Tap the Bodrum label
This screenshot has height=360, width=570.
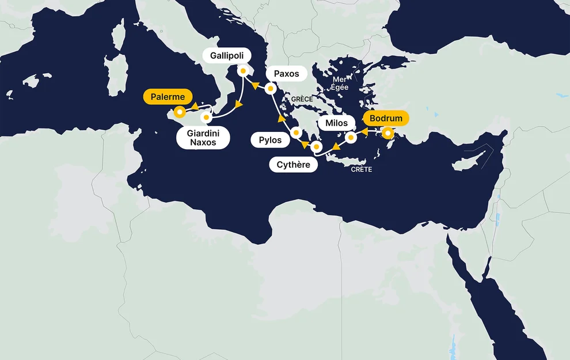pyautogui.click(x=386, y=119)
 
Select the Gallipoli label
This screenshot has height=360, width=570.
pyautogui.click(x=227, y=56)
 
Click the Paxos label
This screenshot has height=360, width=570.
pyautogui.click(x=286, y=74)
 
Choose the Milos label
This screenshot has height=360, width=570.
pyautogui.click(x=336, y=123)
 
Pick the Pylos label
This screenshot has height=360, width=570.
pyautogui.click(x=270, y=140)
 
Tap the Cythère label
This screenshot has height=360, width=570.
pyautogui.click(x=293, y=165)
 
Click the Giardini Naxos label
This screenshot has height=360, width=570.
pyautogui.click(x=202, y=138)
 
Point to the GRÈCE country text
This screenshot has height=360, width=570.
pyautogui.click(x=302, y=100)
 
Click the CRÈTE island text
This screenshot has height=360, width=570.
pyautogui.click(x=362, y=170)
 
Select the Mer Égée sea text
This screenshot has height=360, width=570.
pyautogui.click(x=340, y=84)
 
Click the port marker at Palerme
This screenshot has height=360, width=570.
pyautogui.click(x=180, y=112)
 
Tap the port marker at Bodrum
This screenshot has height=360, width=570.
pyautogui.click(x=389, y=134)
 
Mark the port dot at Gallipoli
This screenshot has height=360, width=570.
pyautogui.click(x=243, y=71)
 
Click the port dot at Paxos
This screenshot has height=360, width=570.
pyautogui.click(x=269, y=89)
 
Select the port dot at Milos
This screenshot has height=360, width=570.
pyautogui.click(x=349, y=138)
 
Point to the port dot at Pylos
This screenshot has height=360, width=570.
pyautogui.click(x=296, y=133)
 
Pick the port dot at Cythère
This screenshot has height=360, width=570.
pyautogui.click(x=316, y=147)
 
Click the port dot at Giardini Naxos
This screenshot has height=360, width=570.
pyautogui.click(x=206, y=117)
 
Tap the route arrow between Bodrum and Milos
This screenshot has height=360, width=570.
pyautogui.click(x=365, y=132)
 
